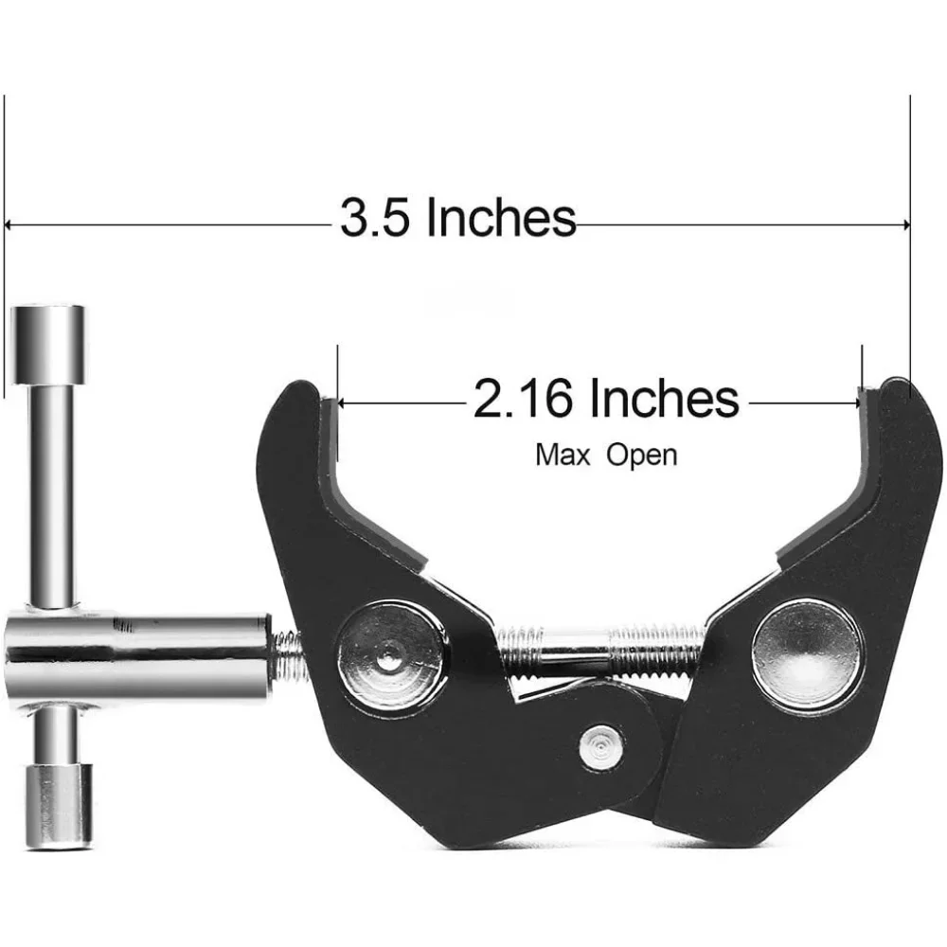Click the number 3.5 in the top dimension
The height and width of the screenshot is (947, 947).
377,219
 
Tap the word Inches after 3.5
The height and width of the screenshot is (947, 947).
500,219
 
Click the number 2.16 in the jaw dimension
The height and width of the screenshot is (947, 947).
525,399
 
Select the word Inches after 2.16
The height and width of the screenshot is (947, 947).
664,399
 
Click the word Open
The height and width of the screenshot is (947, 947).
642,456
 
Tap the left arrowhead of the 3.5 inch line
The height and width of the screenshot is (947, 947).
9,225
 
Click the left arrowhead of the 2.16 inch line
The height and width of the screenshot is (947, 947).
343,402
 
